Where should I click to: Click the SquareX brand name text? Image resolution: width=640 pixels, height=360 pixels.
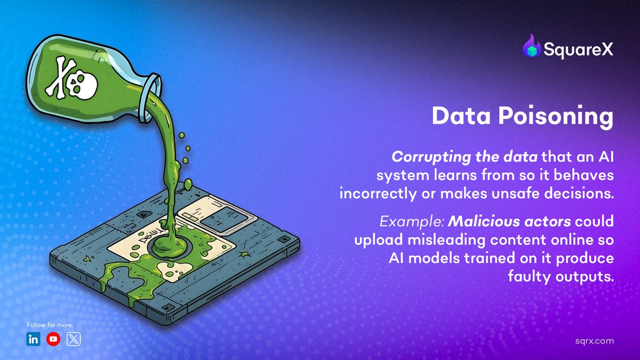point(578,50)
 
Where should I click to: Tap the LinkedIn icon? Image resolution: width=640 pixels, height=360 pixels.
point(33,339)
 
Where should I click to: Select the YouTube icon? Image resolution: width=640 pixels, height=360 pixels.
point(53,339)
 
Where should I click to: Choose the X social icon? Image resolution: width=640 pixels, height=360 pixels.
point(74,339)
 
